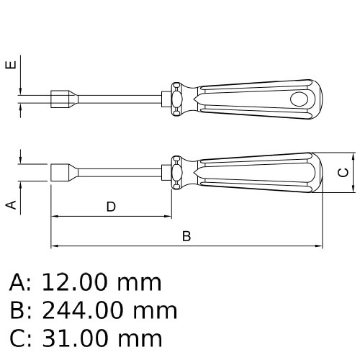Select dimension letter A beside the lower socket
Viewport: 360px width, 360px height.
tap(11, 204)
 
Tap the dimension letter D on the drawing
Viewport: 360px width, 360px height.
tap(111, 207)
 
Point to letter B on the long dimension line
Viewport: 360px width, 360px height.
tap(186, 236)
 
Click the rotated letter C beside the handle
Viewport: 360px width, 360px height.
tap(344, 172)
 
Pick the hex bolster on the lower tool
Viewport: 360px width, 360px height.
tap(176, 173)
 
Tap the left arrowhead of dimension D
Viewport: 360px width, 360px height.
tap(54, 215)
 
